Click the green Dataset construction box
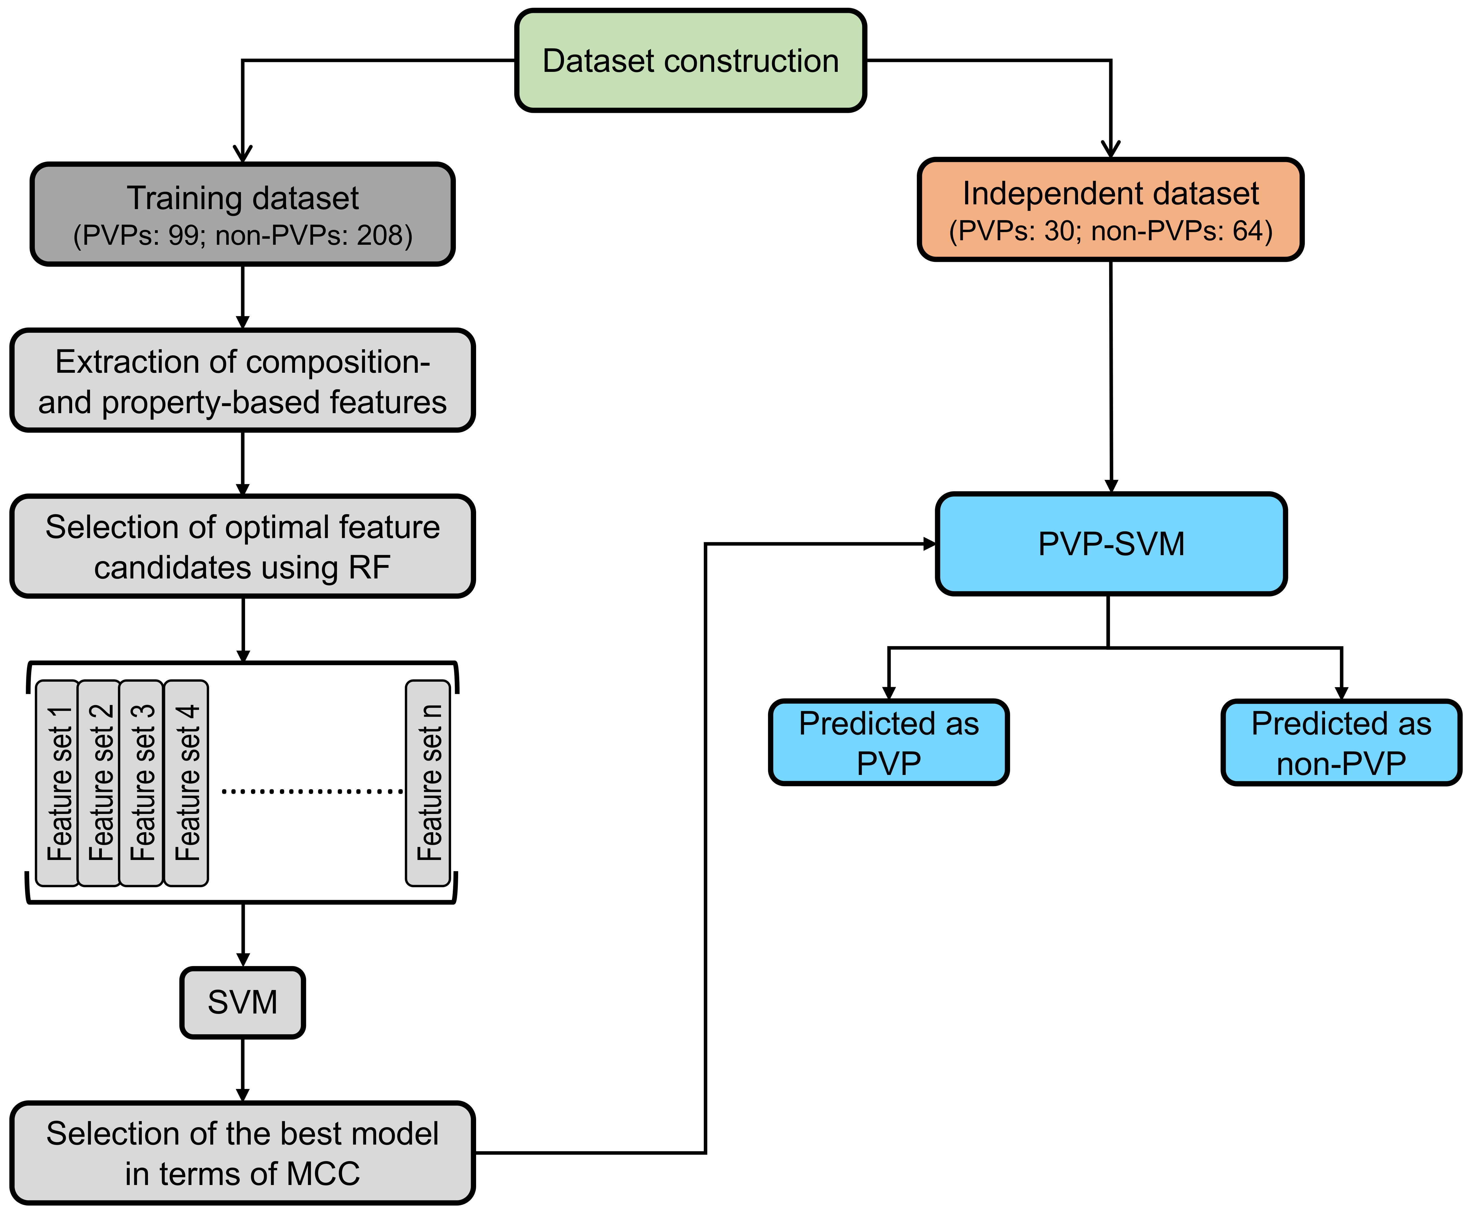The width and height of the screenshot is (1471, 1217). coord(691,60)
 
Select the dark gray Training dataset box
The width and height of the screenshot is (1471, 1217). coord(242,214)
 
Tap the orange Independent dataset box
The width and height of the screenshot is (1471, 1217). coord(1110,209)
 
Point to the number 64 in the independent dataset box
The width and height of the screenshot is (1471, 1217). coord(1248,230)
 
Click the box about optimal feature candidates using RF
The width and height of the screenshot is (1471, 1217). coord(242,546)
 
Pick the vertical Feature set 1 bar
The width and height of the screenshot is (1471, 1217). coord(58,783)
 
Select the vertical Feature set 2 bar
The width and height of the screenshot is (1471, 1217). coord(99,783)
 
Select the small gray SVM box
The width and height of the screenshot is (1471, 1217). coord(242,1002)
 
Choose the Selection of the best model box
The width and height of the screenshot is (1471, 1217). coord(242,1152)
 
